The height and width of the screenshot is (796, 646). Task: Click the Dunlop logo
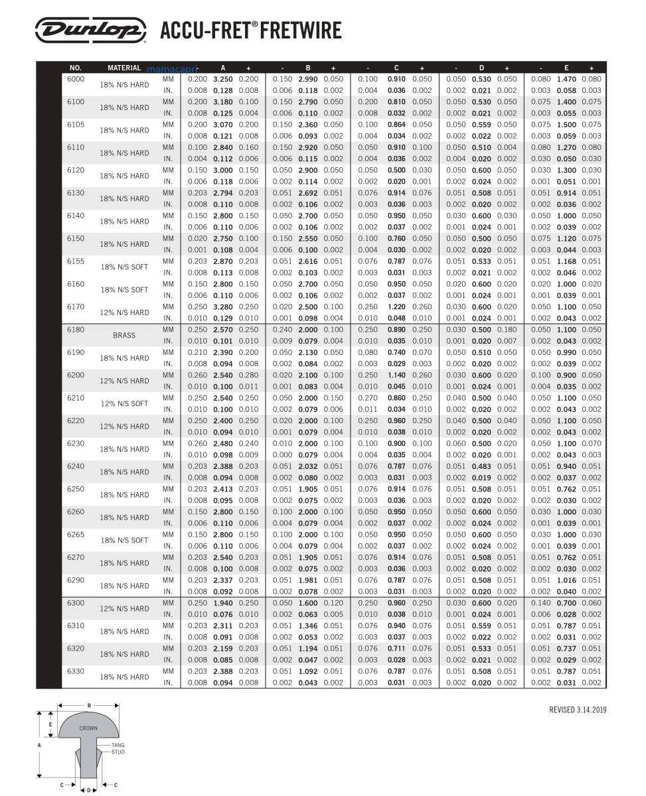coord(91,30)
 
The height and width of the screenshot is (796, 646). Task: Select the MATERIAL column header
coord(124,68)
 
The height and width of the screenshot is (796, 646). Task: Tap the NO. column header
coord(75,68)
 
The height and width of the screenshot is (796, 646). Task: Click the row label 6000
coord(76,79)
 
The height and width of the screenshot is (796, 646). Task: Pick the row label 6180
coord(76,330)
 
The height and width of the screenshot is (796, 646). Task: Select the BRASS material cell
coord(124,336)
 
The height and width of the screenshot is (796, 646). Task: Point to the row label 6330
coord(76,671)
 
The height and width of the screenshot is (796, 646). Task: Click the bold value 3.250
coord(223,79)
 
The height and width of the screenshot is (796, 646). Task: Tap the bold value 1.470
coord(566,79)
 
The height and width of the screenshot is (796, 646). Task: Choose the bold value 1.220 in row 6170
coord(396,306)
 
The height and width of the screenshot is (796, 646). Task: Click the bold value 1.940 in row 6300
coord(223,603)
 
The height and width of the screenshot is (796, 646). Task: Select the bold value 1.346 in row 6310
coord(308,626)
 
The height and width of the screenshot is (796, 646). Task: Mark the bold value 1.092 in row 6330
coord(308,671)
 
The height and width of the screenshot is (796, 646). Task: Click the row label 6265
coord(76,535)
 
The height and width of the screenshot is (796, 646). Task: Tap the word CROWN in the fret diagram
coord(88,728)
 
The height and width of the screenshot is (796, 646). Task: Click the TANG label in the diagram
coord(118,746)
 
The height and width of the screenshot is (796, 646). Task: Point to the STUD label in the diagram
coord(118,752)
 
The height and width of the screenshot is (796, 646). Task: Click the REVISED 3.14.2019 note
coord(578,710)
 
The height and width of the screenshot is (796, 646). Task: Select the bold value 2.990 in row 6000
coord(308,79)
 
